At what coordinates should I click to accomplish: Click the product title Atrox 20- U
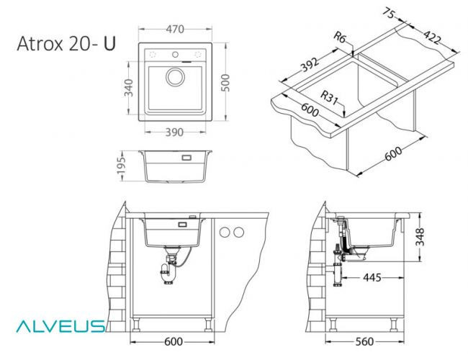coord(66,44)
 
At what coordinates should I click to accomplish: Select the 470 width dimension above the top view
coord(175,30)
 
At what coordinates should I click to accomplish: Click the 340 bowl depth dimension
coord(129,89)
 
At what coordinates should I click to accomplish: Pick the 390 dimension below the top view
coord(176,132)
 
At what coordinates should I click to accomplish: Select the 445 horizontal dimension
coord(372,277)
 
